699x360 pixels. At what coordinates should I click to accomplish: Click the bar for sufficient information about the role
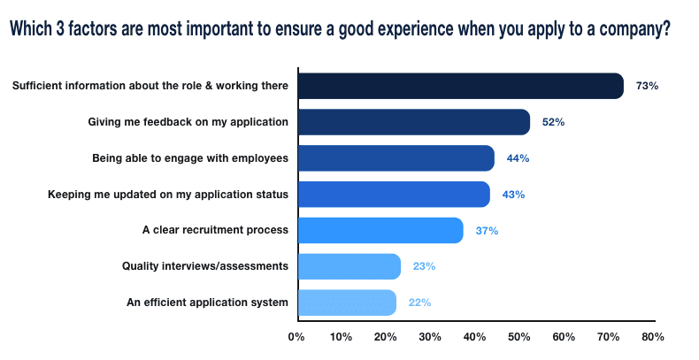tap(460, 86)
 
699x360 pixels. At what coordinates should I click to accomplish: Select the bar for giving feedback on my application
tap(413, 122)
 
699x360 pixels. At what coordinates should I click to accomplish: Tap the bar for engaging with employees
tap(396, 158)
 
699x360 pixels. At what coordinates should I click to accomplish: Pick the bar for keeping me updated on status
tap(393, 195)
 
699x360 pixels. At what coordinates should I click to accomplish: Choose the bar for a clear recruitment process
tap(380, 230)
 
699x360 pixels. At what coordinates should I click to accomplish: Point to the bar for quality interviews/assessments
tap(349, 266)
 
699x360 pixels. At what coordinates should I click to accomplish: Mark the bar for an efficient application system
tap(346, 303)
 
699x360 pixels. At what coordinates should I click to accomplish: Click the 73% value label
tap(648, 86)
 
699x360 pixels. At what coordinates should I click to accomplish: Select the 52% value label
tap(553, 122)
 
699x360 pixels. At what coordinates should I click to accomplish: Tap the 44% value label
tap(518, 158)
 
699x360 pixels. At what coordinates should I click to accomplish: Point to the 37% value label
tap(487, 231)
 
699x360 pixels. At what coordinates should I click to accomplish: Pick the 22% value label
tap(419, 303)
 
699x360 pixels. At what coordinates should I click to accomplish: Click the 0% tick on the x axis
tap(296, 337)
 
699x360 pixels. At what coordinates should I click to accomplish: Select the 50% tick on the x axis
tap(519, 337)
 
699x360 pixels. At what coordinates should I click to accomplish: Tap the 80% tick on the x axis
tap(653, 337)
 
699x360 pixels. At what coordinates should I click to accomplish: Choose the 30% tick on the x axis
tap(430, 337)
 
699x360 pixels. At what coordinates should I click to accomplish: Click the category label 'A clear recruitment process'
tap(215, 231)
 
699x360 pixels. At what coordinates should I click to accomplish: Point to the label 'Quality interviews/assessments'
tap(205, 266)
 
